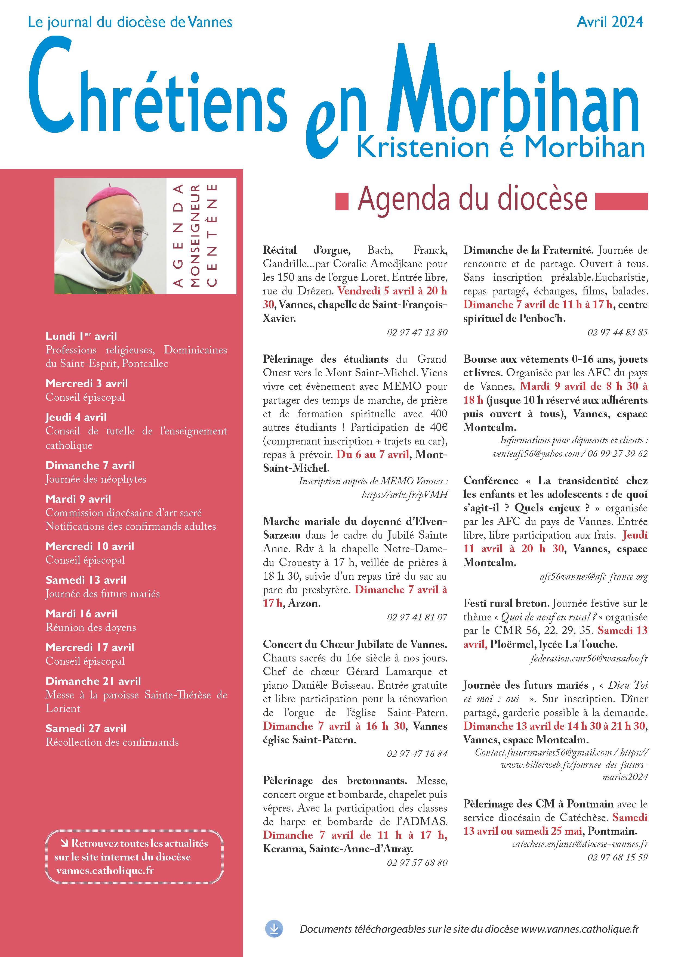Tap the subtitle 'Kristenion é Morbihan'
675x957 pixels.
(x=501, y=148)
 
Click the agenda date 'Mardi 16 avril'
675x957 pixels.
(x=81, y=614)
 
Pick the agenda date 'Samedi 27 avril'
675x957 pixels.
(x=85, y=728)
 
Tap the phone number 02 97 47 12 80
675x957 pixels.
(x=417, y=332)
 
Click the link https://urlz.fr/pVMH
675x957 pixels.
(x=405, y=494)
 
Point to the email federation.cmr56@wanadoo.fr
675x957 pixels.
(x=589, y=658)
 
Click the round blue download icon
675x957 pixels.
(x=274, y=929)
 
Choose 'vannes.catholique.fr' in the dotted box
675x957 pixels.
(x=105, y=871)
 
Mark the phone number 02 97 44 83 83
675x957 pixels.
(x=617, y=332)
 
